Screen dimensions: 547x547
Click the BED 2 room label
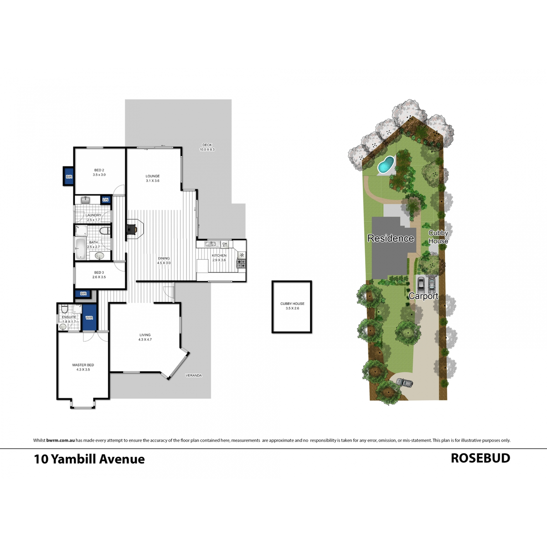click(x=99, y=172)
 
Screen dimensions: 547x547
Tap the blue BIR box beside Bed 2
click(x=69, y=176)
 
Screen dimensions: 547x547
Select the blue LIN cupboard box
click(x=106, y=200)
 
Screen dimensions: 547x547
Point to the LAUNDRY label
click(x=93, y=217)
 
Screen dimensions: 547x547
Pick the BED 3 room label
click(x=99, y=274)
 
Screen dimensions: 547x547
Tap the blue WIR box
click(x=89, y=317)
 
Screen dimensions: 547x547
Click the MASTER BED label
click(x=83, y=367)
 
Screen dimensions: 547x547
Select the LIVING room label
click(x=145, y=337)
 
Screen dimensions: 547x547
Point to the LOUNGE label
click(x=153, y=178)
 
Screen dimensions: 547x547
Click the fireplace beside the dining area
click(x=134, y=229)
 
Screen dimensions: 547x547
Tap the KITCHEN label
click(x=219, y=258)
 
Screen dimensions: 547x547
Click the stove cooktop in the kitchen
click(x=241, y=263)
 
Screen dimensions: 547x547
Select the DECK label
click(x=207, y=147)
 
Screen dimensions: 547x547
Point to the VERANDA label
click(x=194, y=376)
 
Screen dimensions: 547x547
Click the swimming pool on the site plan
click(x=386, y=165)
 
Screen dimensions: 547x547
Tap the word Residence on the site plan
click(x=391, y=238)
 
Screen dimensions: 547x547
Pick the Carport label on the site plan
click(x=423, y=296)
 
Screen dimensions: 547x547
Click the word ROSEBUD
click(x=480, y=458)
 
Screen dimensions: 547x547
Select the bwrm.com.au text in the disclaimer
click(x=60, y=440)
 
